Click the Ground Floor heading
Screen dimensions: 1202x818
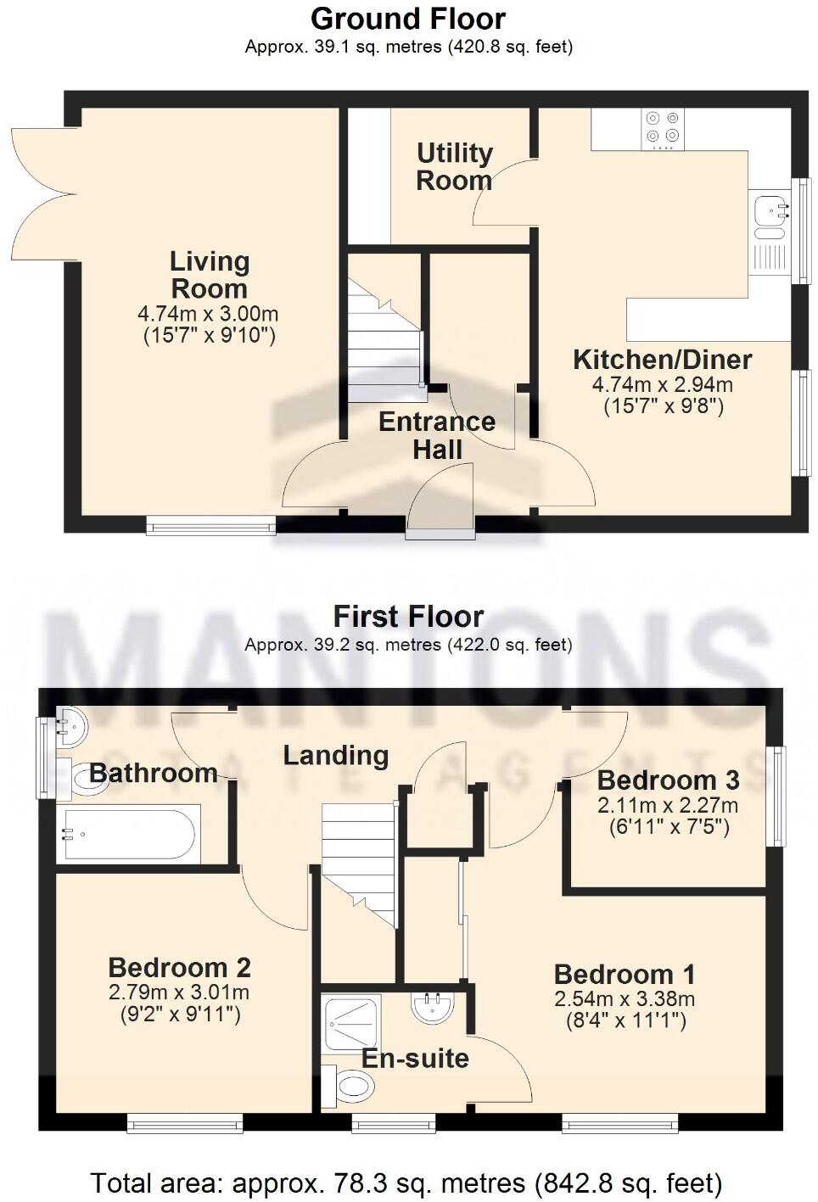pos(408,18)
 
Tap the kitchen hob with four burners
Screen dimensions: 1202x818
pos(662,128)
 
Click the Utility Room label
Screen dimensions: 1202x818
pos(454,166)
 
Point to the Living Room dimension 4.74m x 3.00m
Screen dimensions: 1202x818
pos(209,314)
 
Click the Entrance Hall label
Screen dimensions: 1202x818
pos(436,435)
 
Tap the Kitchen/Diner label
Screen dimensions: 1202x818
pos(662,360)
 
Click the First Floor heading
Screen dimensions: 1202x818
pos(408,616)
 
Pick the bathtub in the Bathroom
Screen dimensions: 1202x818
pos(129,835)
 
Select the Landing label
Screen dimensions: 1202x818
pos(335,755)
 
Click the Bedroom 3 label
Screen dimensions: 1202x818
pos(668,780)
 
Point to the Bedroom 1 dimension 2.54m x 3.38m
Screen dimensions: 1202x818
pos(625,999)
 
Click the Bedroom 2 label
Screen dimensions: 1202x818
pos(179,968)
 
